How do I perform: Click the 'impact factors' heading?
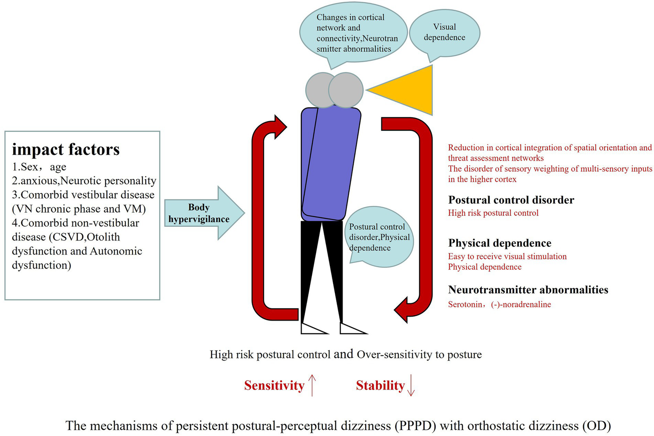[66, 150]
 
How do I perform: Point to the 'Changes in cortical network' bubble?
[353, 33]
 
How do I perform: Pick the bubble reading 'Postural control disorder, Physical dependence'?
[379, 237]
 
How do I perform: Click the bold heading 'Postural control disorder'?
[511, 200]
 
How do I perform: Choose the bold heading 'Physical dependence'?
[499, 243]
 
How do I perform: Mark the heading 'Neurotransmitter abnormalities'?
[528, 290]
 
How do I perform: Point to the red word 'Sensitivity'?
[274, 385]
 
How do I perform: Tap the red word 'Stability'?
[380, 385]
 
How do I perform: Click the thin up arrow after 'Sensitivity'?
[312, 385]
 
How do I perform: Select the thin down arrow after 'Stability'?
[411, 385]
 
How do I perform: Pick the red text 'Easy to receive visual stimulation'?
[507, 256]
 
